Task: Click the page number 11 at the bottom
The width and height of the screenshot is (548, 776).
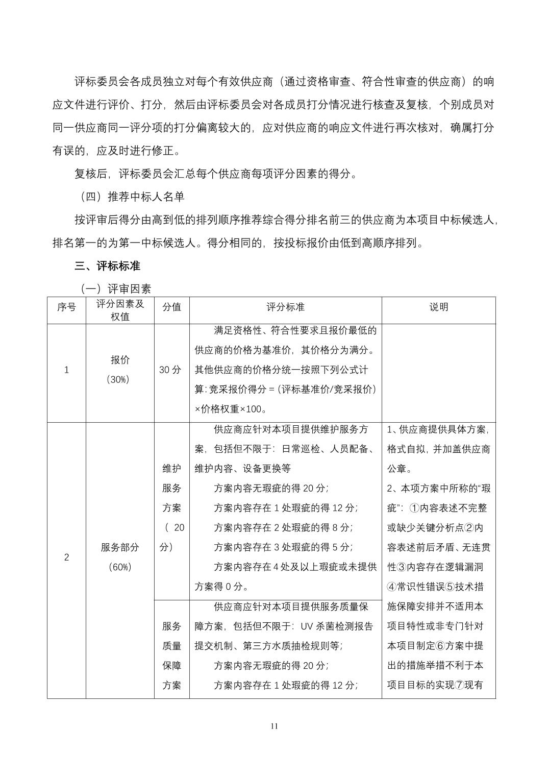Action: point(275,726)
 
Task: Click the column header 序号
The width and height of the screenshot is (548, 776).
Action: point(66,307)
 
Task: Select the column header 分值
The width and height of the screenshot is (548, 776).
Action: point(171,307)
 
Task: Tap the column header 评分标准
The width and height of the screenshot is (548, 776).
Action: point(285,307)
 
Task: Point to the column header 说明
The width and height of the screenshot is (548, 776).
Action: point(438,307)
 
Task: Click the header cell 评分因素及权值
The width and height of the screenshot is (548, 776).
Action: point(120,310)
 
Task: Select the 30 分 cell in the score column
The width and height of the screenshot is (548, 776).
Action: point(170,370)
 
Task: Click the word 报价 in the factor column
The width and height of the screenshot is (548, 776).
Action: point(120,360)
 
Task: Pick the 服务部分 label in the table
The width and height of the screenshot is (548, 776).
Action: point(120,547)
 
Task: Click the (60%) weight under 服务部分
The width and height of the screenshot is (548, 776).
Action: point(120,567)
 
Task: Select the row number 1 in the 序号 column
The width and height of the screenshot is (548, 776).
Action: point(66,370)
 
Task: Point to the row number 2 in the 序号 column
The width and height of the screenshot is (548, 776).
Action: point(66,557)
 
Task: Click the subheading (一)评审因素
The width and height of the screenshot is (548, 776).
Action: point(115,289)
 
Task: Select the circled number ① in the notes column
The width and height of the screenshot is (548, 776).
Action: point(414,508)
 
